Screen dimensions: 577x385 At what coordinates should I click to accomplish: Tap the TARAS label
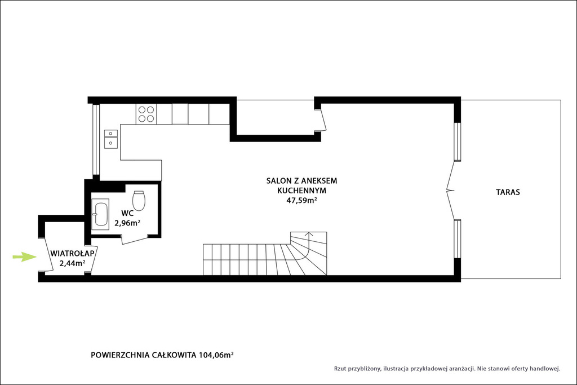pos(508,192)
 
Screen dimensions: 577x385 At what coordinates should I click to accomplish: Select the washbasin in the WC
pos(100,214)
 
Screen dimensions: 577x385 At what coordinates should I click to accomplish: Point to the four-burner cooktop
pos(146,114)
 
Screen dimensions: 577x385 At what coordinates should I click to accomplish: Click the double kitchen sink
pos(111,139)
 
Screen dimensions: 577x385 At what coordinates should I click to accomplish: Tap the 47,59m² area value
pos(302,201)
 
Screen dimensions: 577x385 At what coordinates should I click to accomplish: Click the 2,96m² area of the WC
pos(127,223)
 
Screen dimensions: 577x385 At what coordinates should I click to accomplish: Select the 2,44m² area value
pos(73,263)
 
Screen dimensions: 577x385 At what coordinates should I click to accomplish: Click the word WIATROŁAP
pos(73,254)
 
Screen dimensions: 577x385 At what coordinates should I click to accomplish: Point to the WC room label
pos(127,213)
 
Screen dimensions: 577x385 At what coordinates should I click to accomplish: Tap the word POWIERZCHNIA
pos(120,355)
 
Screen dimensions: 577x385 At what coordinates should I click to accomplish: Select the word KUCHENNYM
pos(302,191)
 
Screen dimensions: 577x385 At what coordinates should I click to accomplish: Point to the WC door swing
pos(135,240)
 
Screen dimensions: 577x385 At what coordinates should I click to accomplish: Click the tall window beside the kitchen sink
pos(95,139)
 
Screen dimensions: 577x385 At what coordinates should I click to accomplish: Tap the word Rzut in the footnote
pos(340,369)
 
